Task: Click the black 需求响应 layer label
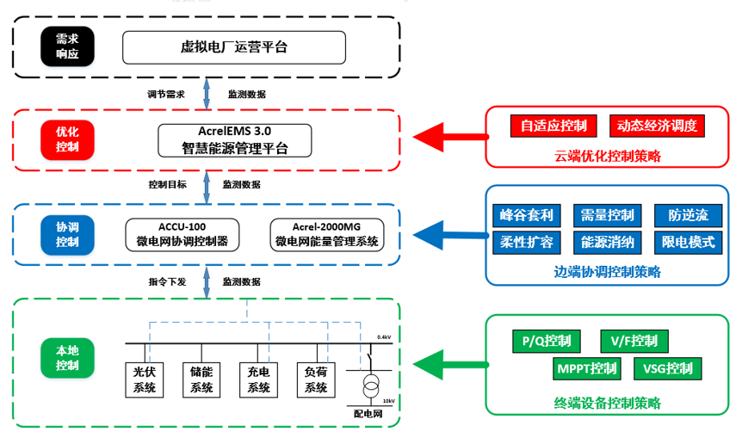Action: [x=67, y=46]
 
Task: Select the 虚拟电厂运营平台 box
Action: [x=233, y=46]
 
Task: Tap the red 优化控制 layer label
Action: [x=67, y=139]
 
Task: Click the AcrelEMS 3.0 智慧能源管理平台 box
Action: [x=234, y=139]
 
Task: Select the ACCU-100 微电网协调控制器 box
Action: [x=182, y=234]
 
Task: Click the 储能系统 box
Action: [x=202, y=380]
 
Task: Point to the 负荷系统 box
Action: [x=316, y=380]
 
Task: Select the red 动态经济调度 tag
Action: [x=657, y=126]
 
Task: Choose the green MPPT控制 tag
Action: [x=586, y=369]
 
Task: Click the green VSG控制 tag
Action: [x=667, y=369]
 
